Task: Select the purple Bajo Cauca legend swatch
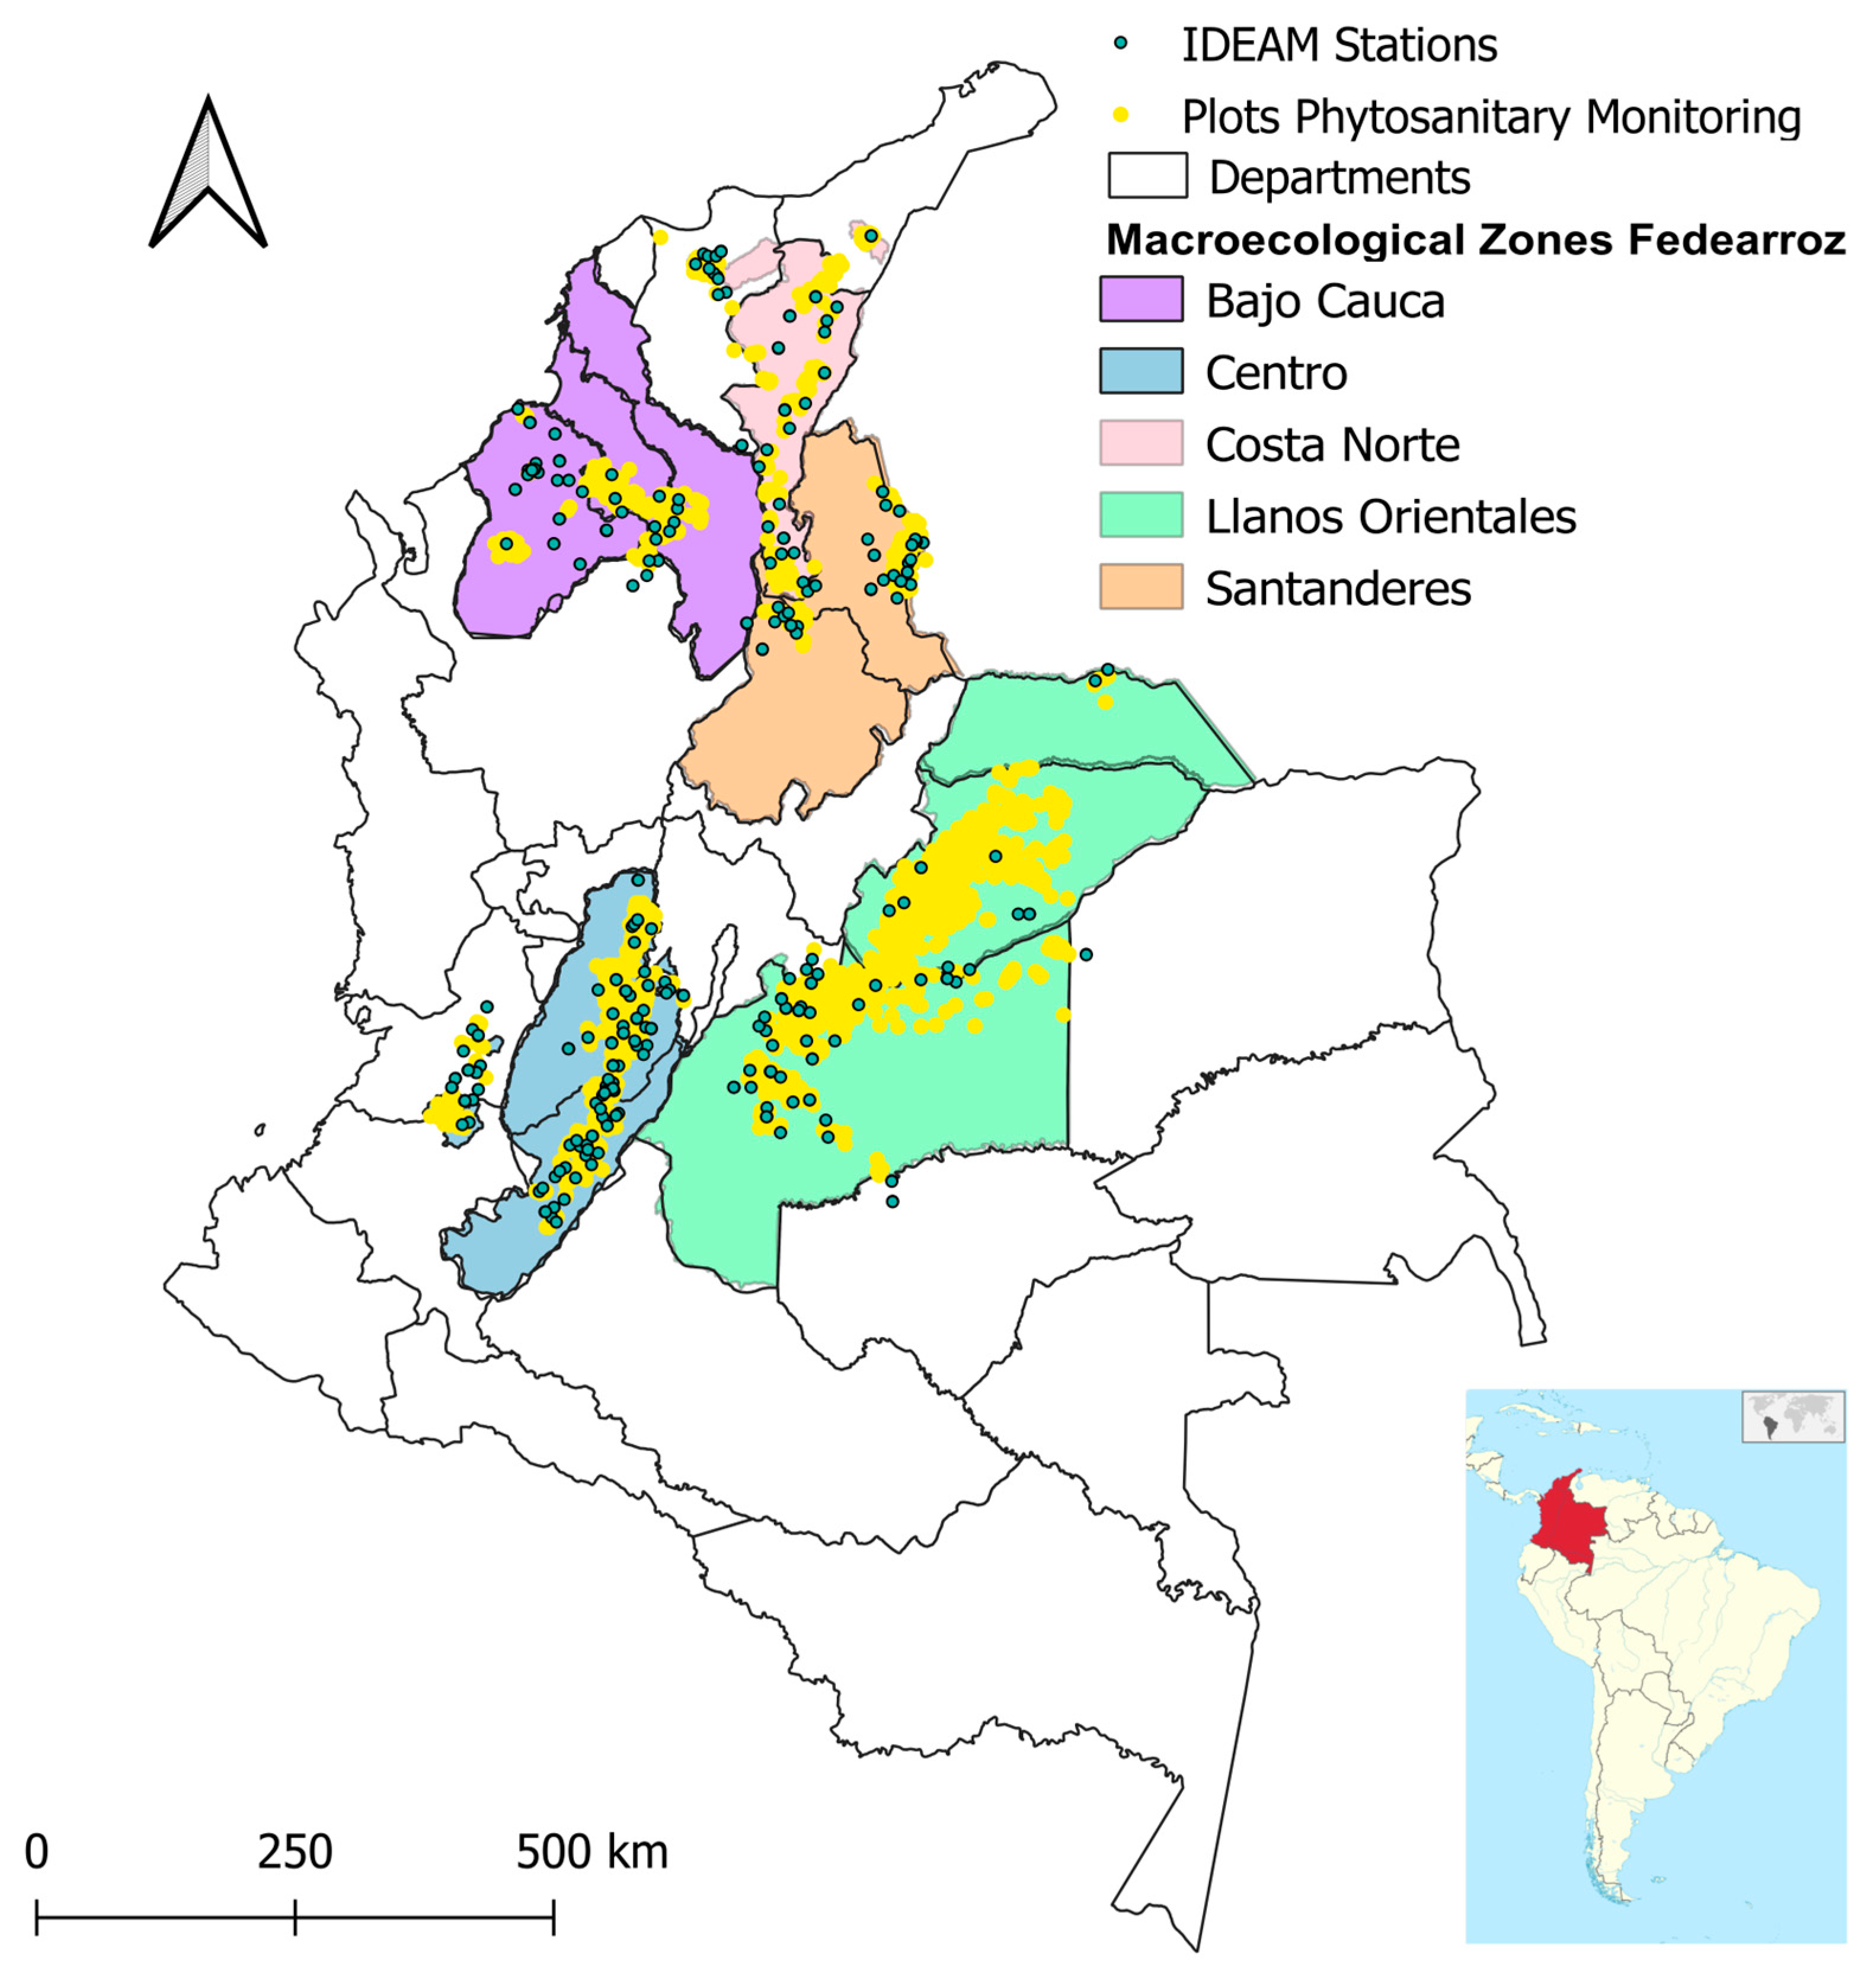coord(1141,299)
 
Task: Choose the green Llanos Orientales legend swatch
coord(1141,516)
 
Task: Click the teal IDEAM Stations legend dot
coord(1121,44)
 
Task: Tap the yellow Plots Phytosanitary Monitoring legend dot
coord(1121,115)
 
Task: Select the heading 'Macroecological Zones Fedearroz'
coord(1475,240)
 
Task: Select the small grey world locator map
coord(1793,1415)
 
